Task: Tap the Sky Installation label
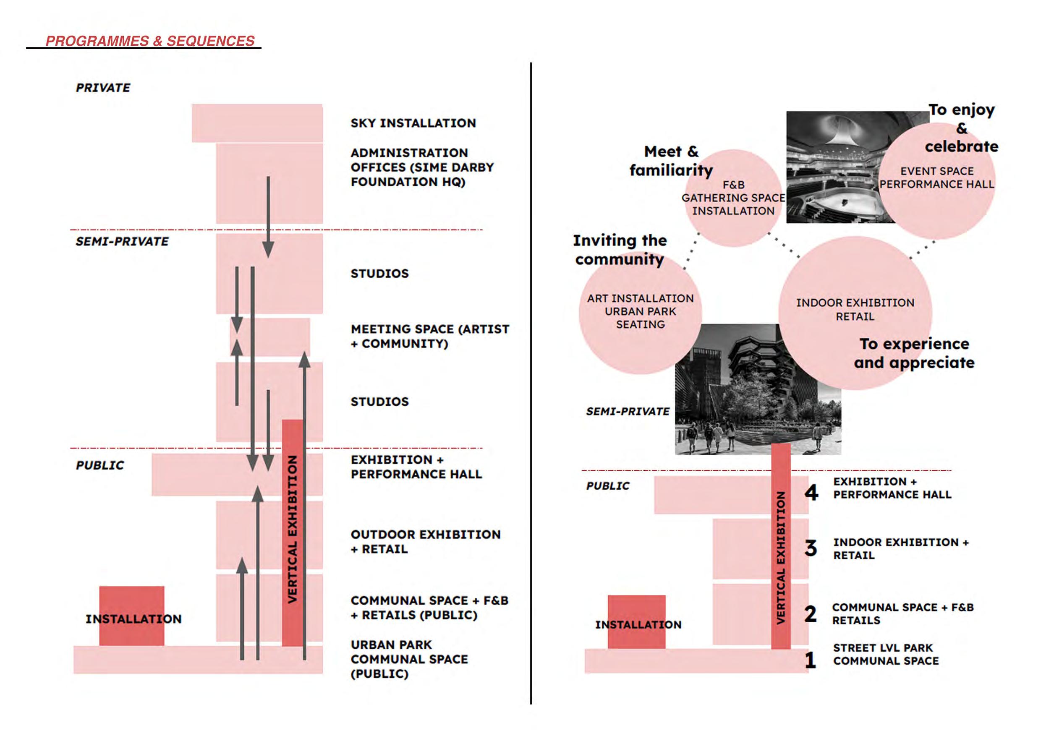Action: [413, 123]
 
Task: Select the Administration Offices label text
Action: [422, 167]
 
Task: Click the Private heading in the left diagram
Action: [103, 88]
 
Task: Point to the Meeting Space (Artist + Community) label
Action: [429, 336]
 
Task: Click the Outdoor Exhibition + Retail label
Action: [425, 542]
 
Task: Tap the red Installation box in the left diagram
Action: [131, 616]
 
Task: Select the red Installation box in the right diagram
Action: [637, 622]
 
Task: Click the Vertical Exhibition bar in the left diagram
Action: [293, 530]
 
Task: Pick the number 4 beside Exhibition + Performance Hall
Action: [811, 492]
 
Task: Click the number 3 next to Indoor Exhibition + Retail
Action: [811, 548]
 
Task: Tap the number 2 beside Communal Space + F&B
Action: [811, 614]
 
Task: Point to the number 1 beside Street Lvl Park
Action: [811, 660]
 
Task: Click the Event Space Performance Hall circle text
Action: [937, 177]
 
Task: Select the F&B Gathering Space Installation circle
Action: [733, 198]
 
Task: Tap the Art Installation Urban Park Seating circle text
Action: [640, 311]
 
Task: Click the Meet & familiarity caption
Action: [671, 161]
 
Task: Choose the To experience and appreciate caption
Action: [914, 353]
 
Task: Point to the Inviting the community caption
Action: [620, 250]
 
